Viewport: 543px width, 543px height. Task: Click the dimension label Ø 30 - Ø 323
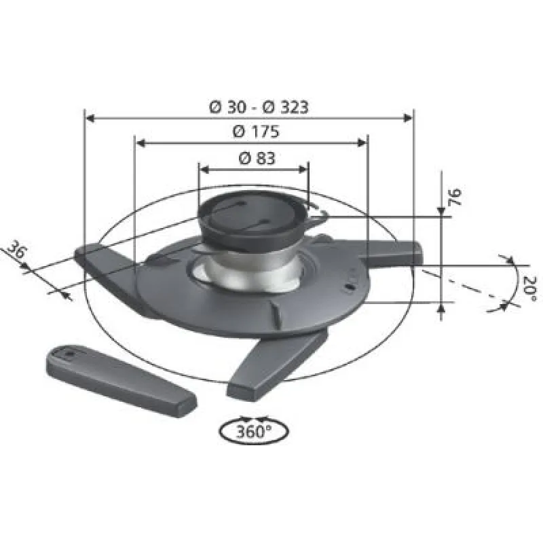point(259,107)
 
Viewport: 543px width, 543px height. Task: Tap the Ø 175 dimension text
point(256,132)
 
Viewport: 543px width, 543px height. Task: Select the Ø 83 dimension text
point(257,159)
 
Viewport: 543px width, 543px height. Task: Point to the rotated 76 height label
point(455,197)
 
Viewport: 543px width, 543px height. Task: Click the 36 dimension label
point(16,250)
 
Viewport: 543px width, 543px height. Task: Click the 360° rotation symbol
point(254,430)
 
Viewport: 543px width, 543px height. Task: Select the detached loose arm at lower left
point(121,380)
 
